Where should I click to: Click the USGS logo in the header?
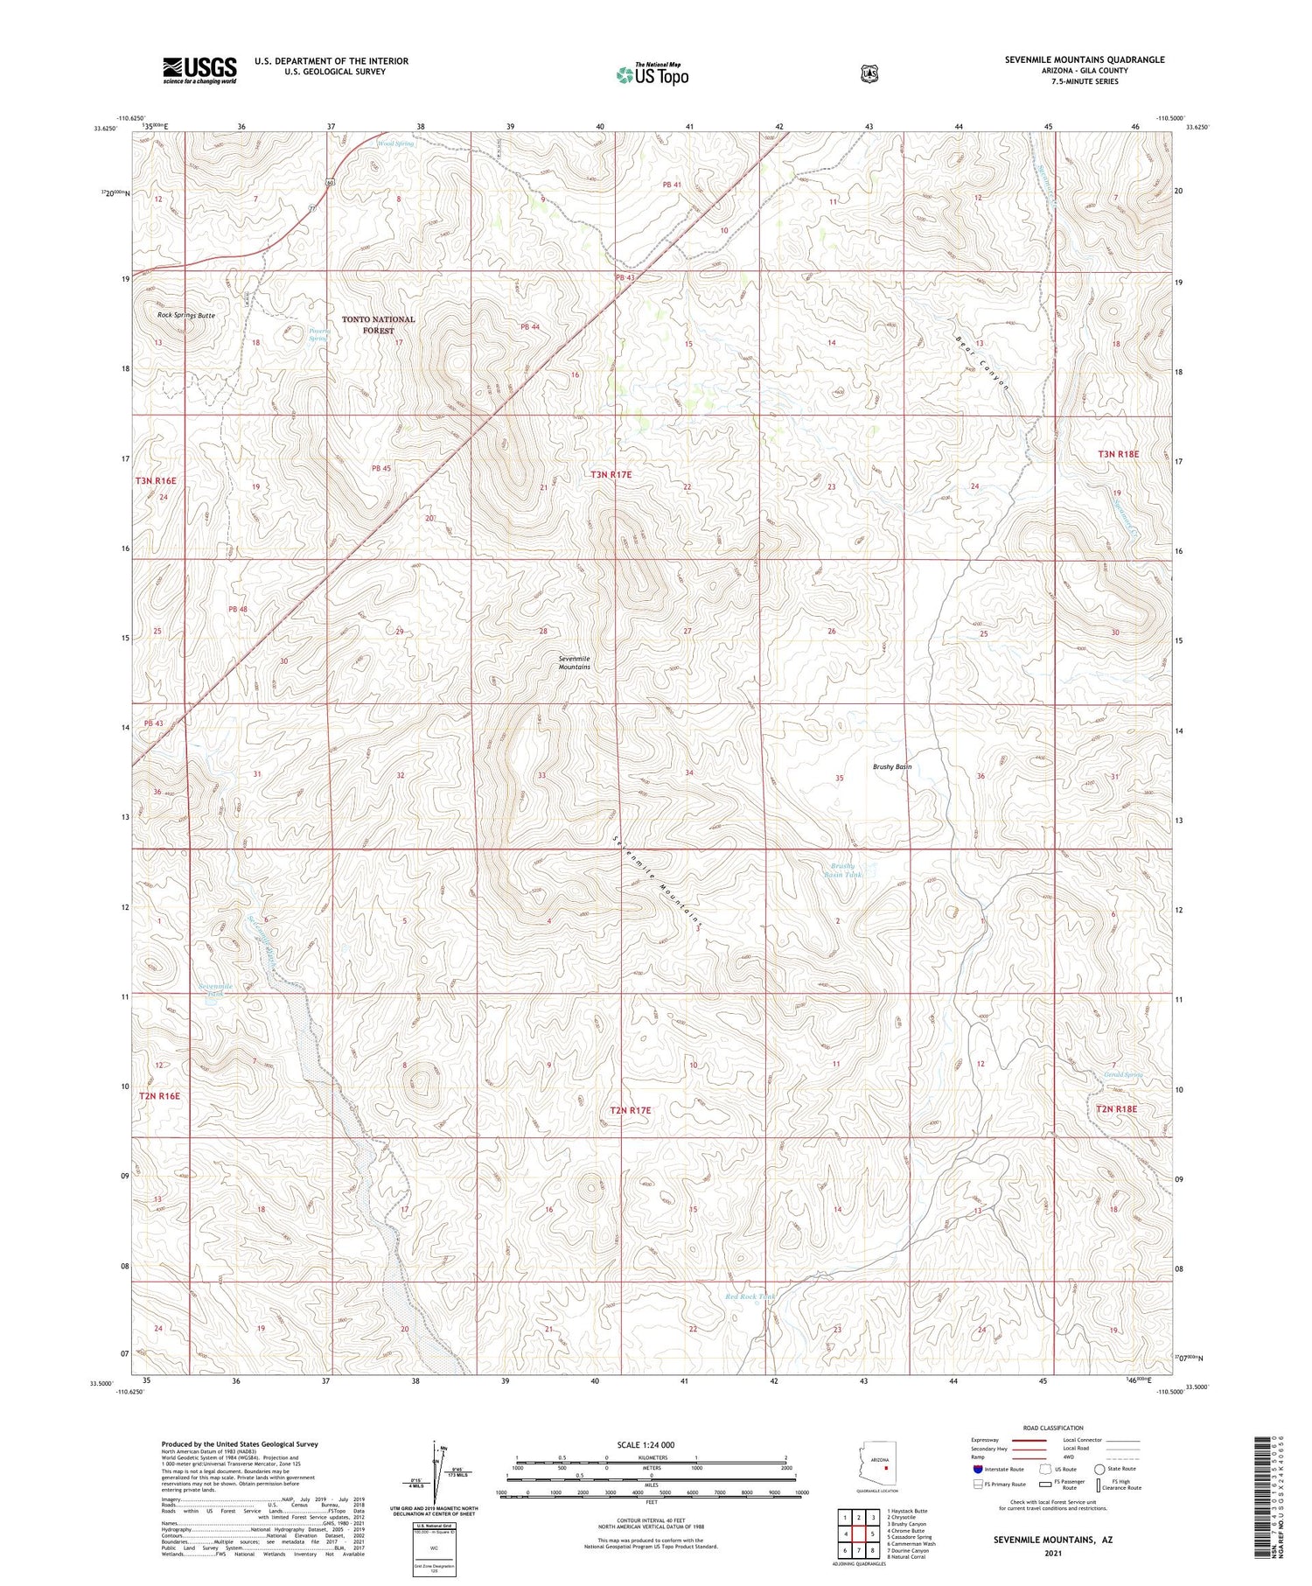tap(199, 70)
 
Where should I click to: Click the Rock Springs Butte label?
tap(186, 315)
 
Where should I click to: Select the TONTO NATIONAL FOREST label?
tap(378, 325)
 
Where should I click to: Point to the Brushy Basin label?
tap(892, 766)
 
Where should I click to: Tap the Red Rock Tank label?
tap(750, 1296)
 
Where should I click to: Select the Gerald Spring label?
tap(1123, 1075)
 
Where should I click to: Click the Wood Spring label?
tap(395, 143)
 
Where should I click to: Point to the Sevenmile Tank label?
tap(215, 989)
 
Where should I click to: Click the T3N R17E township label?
tap(611, 474)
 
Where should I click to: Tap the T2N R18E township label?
tap(1117, 1108)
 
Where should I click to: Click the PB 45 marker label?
tap(381, 468)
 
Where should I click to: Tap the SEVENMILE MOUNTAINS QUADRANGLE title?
tap(1085, 59)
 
